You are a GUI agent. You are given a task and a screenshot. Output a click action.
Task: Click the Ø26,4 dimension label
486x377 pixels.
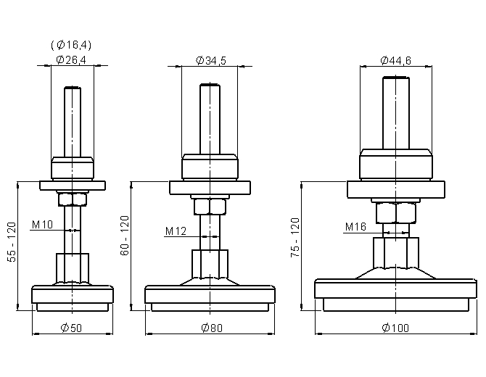(x=71, y=59)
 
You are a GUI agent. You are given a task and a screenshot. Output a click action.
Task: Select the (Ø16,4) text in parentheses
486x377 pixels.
(x=71, y=45)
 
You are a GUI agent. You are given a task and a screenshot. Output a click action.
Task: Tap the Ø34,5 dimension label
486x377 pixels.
(x=211, y=60)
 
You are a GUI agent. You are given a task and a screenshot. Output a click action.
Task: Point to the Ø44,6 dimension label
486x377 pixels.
(x=396, y=60)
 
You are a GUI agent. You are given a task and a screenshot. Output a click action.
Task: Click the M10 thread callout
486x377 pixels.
(x=43, y=224)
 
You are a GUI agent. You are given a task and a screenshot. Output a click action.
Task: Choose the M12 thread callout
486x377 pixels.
(x=176, y=231)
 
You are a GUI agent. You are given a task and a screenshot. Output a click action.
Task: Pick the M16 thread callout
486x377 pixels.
(x=356, y=227)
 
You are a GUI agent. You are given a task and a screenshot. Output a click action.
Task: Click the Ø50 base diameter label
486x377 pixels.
(x=71, y=328)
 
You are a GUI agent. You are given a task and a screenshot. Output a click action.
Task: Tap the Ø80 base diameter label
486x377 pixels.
(x=212, y=328)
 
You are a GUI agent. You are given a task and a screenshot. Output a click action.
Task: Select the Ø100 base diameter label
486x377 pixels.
(x=395, y=328)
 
